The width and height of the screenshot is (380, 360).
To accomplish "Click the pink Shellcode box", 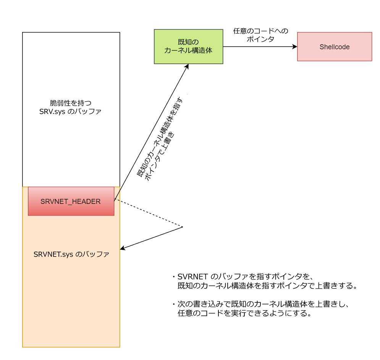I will pos(334,47).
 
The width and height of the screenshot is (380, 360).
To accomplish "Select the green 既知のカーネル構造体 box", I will pos(188,46).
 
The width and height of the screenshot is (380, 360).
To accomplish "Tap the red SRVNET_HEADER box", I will pos(71,201).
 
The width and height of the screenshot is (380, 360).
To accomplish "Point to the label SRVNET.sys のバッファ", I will pos(71,254).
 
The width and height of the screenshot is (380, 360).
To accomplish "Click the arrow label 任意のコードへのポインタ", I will pos(260,35).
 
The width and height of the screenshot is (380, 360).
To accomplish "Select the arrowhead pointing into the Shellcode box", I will pos(295,47).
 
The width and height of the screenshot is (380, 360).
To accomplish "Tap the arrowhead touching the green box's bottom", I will pos(187,67).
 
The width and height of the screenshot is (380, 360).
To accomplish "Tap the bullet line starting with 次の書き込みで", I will pos(264,305).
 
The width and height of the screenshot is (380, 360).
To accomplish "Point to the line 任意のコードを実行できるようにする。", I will pos(245,314).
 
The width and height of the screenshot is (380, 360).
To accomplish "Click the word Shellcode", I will pos(334,47).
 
